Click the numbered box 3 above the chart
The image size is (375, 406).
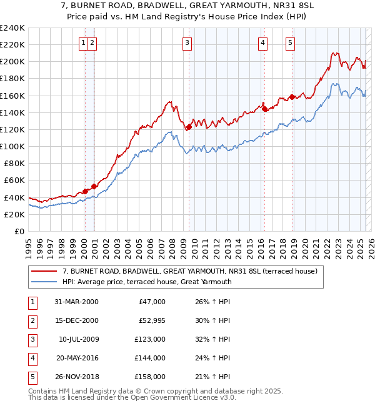click(187, 42)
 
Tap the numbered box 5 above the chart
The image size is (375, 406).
click(291, 42)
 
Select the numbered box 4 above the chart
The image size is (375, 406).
click(262, 42)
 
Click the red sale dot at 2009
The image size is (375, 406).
click(188, 127)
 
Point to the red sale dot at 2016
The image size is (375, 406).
click(264, 109)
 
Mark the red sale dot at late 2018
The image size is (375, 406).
click(292, 97)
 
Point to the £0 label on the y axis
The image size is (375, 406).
click(19, 231)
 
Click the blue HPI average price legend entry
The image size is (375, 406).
click(147, 282)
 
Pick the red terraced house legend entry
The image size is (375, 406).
click(190, 271)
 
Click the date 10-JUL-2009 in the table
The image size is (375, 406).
click(78, 339)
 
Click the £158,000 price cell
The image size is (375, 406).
click(150, 377)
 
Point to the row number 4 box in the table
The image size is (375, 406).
click(32, 358)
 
